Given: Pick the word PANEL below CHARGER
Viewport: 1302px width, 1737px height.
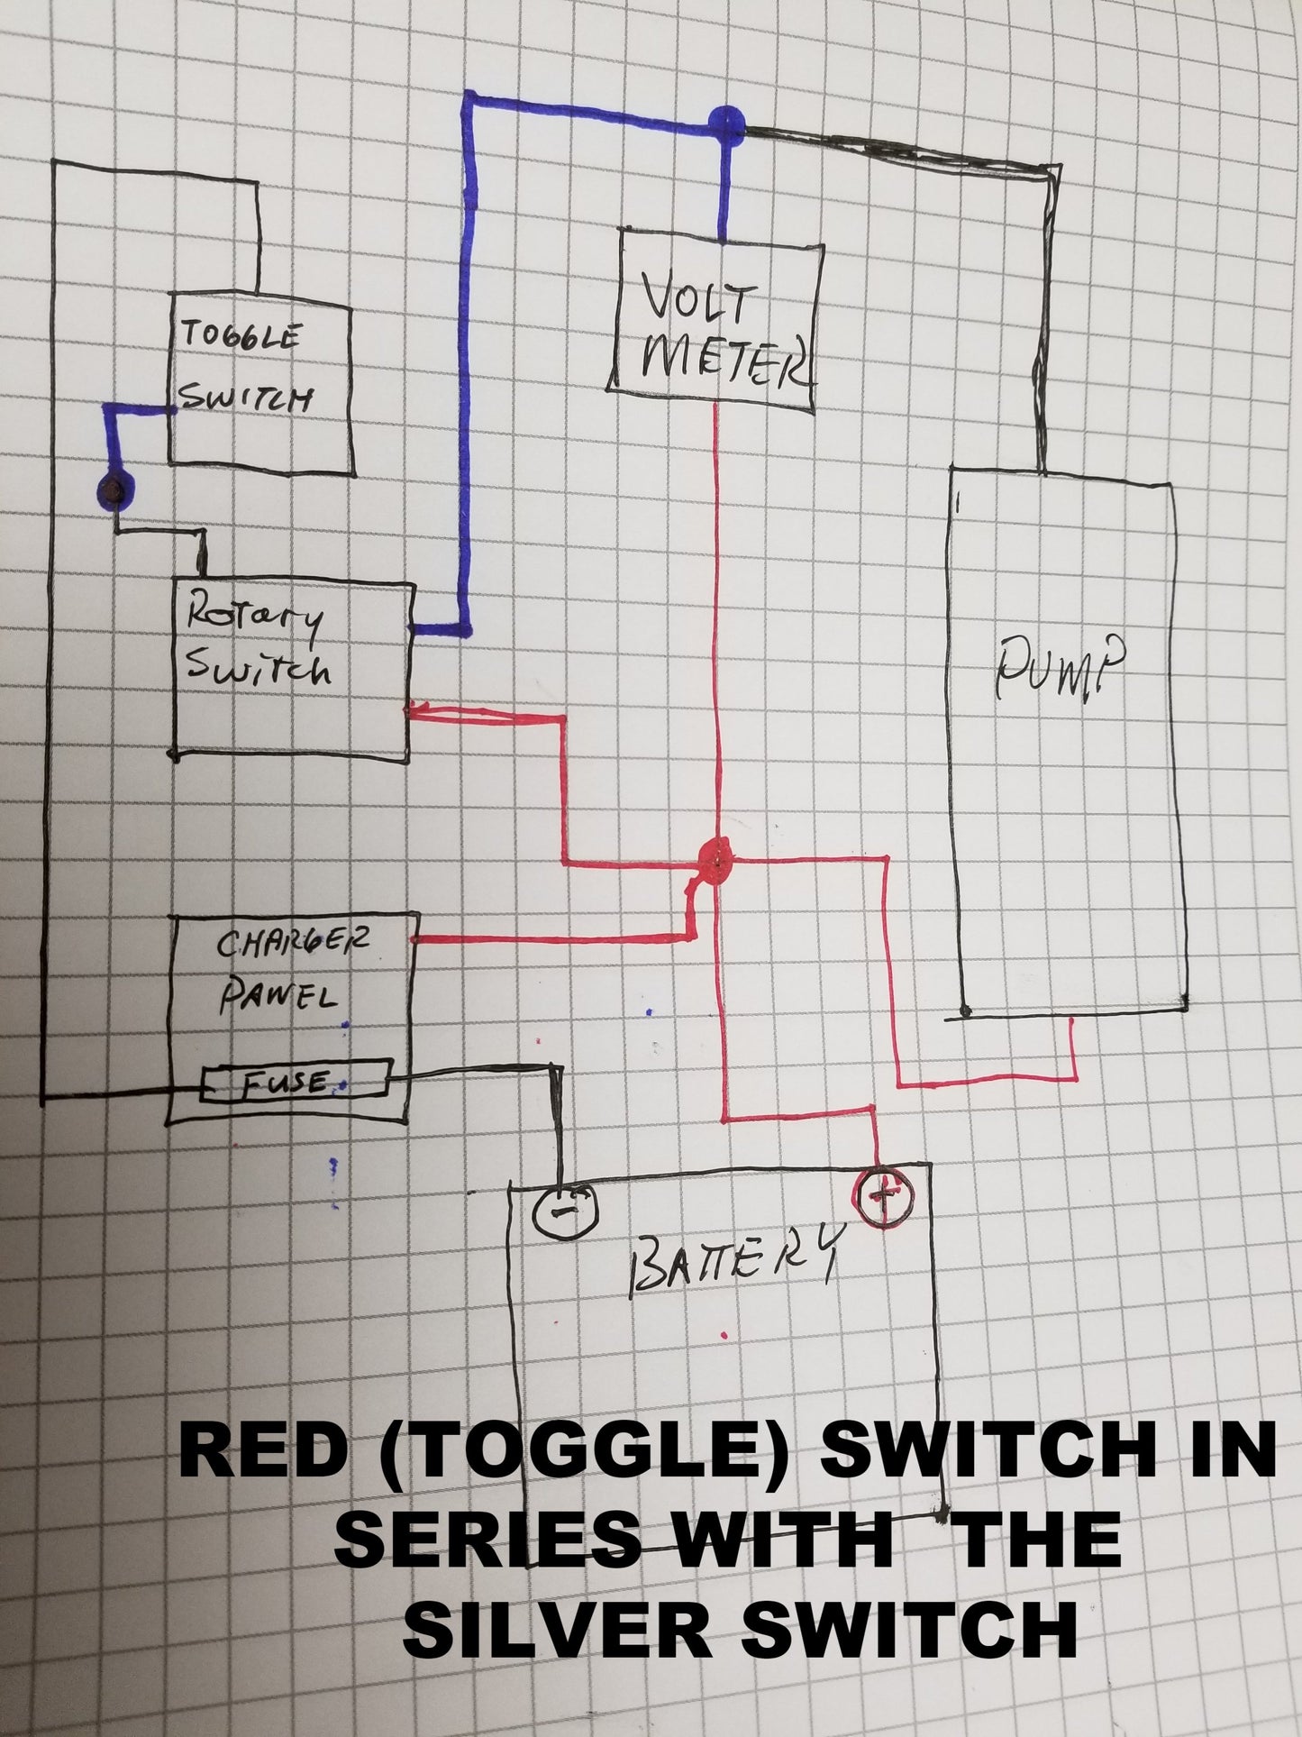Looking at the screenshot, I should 279,995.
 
